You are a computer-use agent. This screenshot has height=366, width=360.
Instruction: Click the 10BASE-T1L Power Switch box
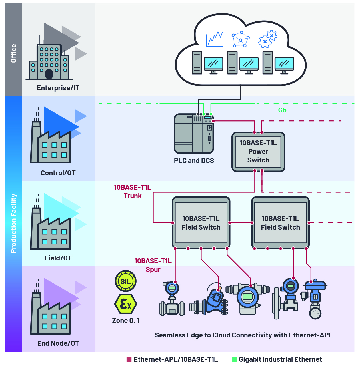click(258, 152)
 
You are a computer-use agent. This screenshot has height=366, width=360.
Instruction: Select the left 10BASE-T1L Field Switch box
click(201, 223)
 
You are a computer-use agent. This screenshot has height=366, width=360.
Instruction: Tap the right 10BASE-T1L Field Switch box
click(280, 223)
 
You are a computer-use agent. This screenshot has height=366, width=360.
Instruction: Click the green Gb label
click(282, 110)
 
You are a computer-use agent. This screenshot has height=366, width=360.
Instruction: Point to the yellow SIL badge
click(125, 281)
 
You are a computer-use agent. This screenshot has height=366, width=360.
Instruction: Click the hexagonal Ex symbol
click(125, 304)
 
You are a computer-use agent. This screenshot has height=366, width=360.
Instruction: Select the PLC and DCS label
click(194, 161)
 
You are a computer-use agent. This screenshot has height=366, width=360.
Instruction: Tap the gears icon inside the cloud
click(267, 39)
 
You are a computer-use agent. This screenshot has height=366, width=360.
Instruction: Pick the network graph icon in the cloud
click(240, 39)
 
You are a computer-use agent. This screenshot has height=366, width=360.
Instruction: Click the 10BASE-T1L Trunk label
click(133, 192)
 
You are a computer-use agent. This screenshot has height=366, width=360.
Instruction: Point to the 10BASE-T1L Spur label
click(153, 265)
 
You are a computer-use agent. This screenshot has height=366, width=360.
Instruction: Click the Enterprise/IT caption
click(58, 88)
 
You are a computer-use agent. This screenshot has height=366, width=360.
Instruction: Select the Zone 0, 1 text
click(126, 321)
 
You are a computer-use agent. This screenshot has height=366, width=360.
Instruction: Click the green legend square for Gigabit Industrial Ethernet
click(234, 359)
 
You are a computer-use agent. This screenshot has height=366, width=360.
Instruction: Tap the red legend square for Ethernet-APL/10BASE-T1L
click(129, 359)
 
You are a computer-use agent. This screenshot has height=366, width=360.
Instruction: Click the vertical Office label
click(13, 53)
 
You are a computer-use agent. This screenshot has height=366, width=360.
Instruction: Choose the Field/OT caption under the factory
click(58, 258)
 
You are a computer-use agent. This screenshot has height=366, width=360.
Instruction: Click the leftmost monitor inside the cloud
click(213, 64)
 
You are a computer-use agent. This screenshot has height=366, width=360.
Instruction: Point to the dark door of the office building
click(49, 74)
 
